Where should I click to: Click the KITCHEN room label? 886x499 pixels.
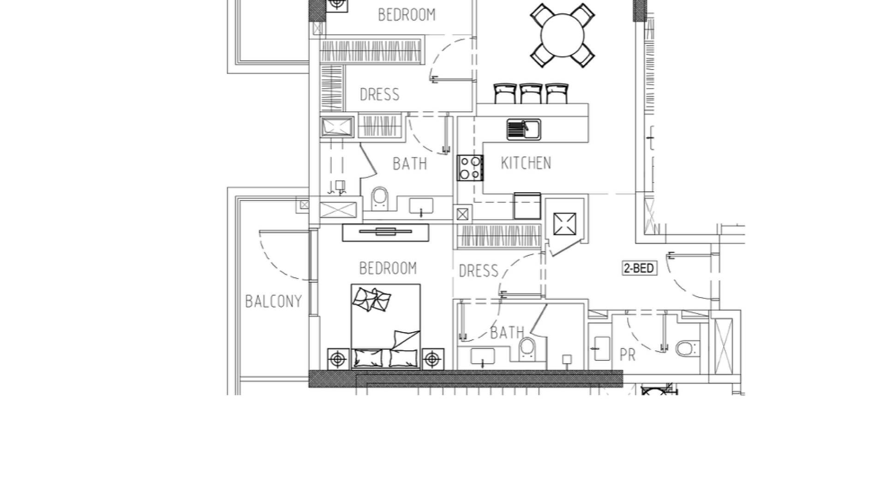pyautogui.click(x=526, y=163)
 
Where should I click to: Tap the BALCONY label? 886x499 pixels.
pyautogui.click(x=273, y=301)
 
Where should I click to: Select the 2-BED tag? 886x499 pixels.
pyautogui.click(x=639, y=268)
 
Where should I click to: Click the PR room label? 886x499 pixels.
pyautogui.click(x=628, y=355)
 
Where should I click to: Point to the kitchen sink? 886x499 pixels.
pyautogui.click(x=524, y=129)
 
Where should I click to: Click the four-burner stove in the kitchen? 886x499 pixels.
pyautogui.click(x=470, y=168)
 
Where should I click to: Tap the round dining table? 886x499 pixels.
pyautogui.click(x=563, y=36)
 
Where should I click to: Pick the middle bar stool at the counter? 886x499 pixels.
pyautogui.click(x=531, y=93)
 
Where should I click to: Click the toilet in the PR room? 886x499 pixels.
pyautogui.click(x=687, y=349)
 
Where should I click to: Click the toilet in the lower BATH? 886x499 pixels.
pyautogui.click(x=527, y=349)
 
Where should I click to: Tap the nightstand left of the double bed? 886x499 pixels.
pyautogui.click(x=338, y=359)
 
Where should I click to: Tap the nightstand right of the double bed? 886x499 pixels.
pyautogui.click(x=432, y=359)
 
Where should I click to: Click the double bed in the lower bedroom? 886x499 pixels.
pyautogui.click(x=386, y=327)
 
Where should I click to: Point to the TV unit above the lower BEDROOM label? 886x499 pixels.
pyautogui.click(x=386, y=232)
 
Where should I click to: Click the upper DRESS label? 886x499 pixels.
pyautogui.click(x=379, y=95)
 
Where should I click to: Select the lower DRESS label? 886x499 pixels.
pyautogui.click(x=479, y=271)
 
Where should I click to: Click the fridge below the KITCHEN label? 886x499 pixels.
pyautogui.click(x=527, y=206)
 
